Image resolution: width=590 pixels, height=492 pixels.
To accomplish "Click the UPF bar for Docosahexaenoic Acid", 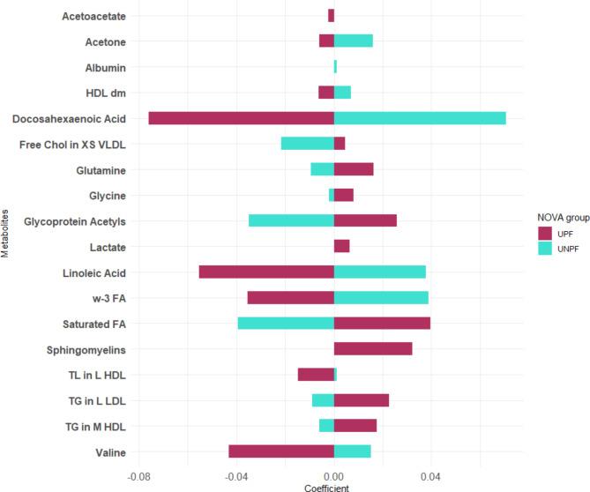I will (x=241, y=118).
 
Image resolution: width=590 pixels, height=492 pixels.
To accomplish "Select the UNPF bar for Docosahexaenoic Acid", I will (x=420, y=118).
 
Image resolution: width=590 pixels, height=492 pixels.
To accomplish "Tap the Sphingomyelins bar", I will (x=373, y=348).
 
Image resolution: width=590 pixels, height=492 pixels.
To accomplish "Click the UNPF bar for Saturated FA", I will (x=286, y=323).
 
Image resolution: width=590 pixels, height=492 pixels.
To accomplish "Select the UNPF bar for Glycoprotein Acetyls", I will (x=291, y=220).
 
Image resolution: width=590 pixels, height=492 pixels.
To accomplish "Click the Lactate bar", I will (x=341, y=246).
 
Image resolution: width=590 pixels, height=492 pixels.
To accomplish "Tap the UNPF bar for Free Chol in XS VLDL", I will (x=307, y=144).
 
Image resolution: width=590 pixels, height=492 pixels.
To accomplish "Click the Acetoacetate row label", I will (x=94, y=16).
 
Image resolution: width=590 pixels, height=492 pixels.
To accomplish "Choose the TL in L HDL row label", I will (x=98, y=375).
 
